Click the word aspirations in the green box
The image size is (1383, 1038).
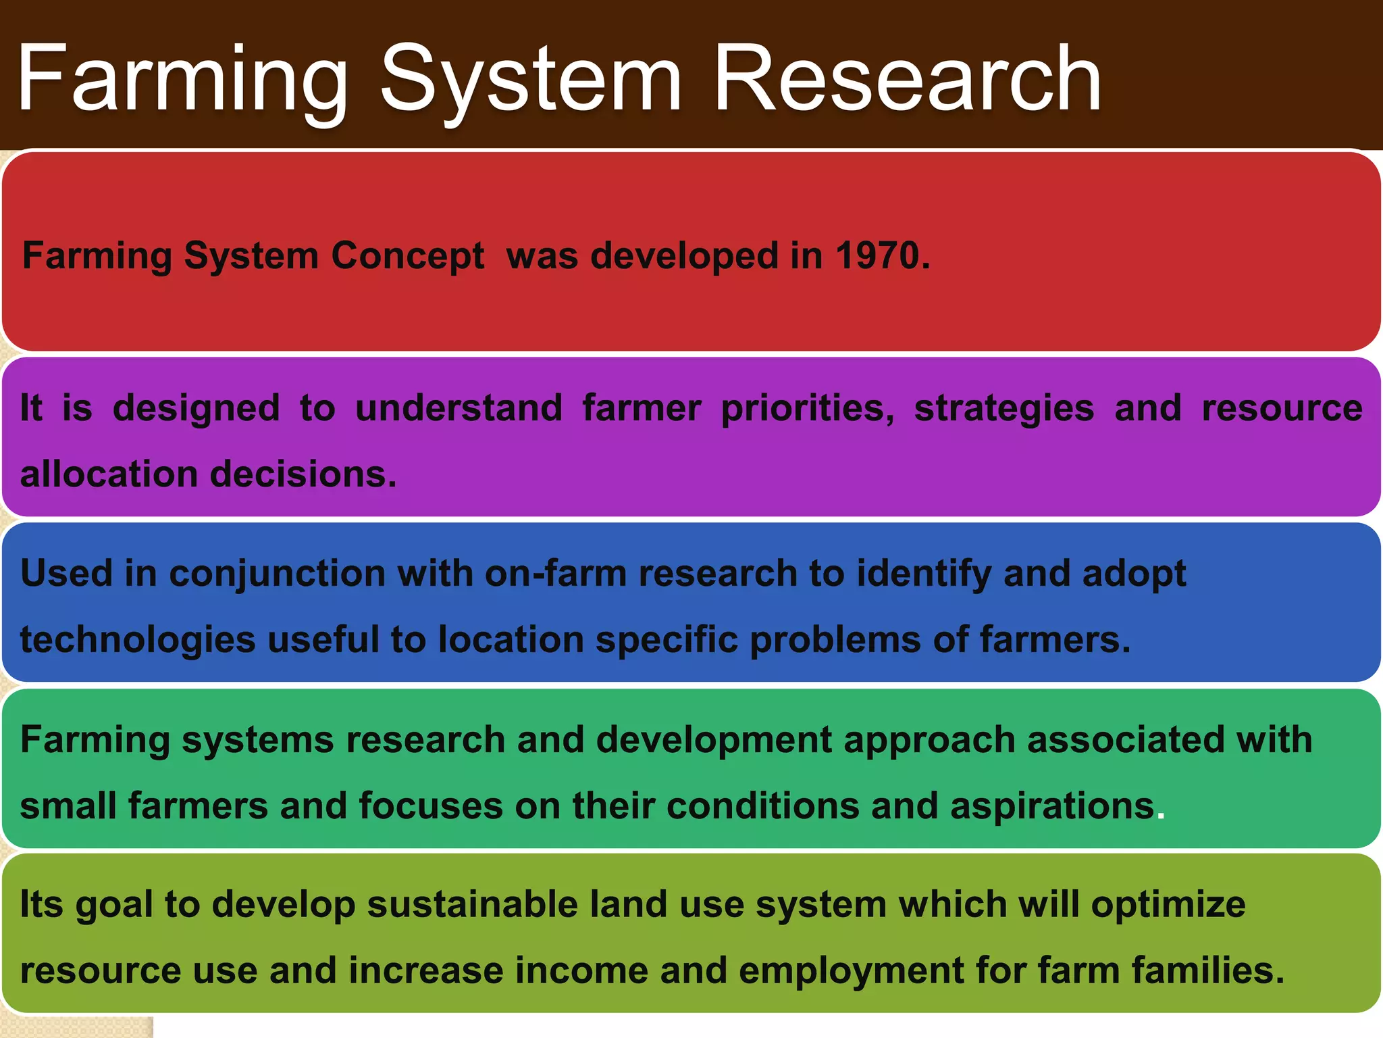1052,806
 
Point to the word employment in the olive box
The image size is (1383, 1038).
851,971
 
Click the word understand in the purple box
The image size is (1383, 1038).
459,408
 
